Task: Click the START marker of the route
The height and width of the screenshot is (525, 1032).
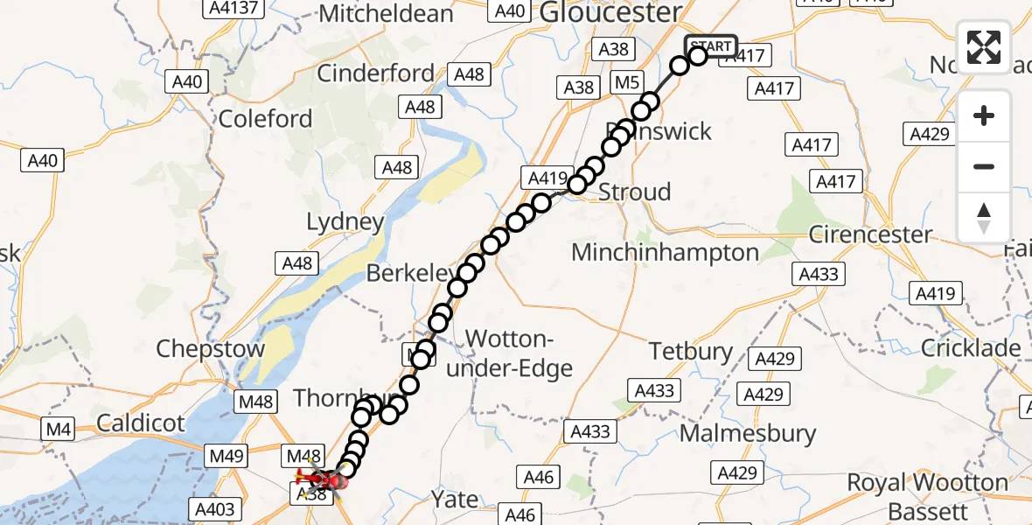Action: (710, 46)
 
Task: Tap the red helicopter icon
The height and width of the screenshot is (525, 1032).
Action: (320, 478)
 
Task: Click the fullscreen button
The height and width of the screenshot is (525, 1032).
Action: (984, 46)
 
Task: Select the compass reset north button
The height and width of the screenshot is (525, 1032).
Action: (984, 217)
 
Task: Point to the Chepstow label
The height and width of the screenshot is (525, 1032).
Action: (210, 349)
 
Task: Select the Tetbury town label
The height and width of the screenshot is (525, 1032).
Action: (691, 352)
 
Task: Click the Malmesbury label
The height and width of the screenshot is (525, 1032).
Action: (748, 433)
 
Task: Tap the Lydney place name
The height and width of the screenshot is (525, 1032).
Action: (345, 222)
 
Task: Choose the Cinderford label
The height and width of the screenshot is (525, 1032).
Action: (375, 73)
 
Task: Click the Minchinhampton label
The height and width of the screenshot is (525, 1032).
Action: (665, 253)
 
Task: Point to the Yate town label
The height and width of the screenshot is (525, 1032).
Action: (455, 500)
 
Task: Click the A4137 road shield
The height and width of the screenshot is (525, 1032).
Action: (231, 8)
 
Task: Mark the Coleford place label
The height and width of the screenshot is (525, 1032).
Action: (265, 119)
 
